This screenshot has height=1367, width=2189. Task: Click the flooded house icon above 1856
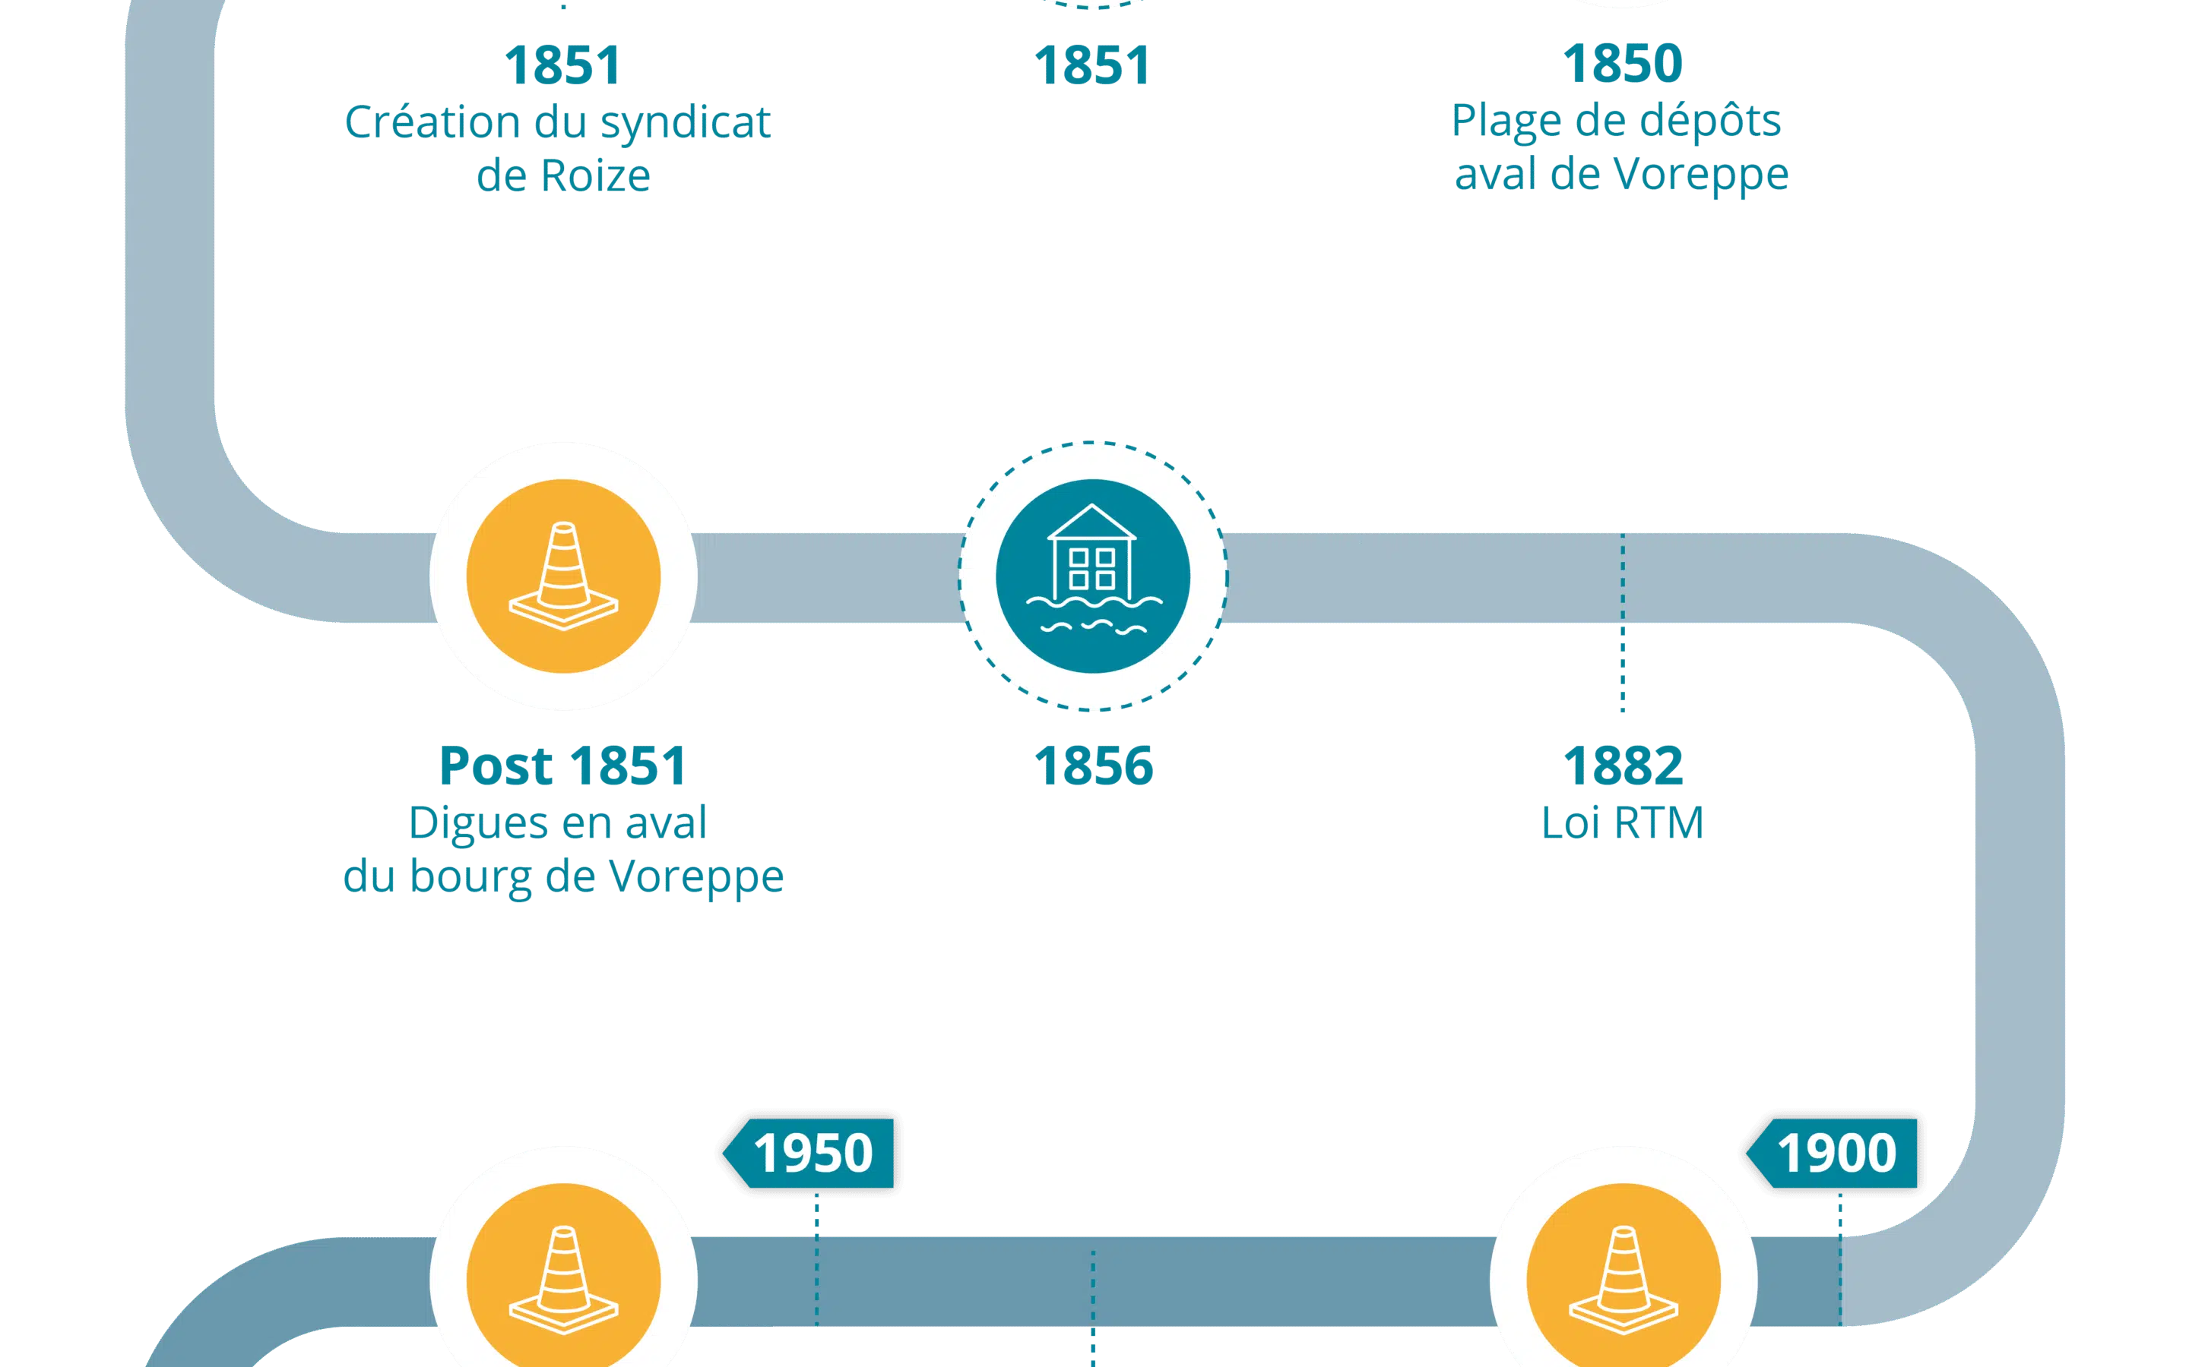point(1093,576)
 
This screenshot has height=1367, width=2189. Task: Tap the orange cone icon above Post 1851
point(563,576)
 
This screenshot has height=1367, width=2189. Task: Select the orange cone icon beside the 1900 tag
point(1624,1275)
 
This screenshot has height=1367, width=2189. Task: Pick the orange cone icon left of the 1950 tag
point(563,1275)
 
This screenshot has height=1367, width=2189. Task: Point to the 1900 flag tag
point(1832,1153)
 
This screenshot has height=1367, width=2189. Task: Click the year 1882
point(1623,766)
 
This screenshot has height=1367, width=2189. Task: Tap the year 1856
point(1094,766)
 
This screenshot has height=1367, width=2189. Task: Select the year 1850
point(1623,63)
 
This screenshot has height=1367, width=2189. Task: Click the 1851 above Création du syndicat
point(562,65)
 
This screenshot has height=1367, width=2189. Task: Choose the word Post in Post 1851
point(496,766)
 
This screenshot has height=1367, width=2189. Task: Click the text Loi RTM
point(1623,822)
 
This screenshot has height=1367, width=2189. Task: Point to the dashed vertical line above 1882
point(1623,622)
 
